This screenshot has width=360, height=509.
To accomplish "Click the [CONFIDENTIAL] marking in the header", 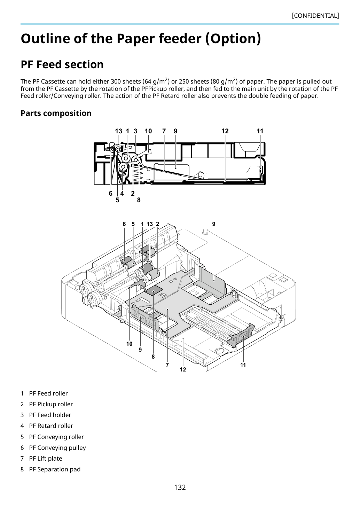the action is point(315,16).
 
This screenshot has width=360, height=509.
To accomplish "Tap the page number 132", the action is point(180,487).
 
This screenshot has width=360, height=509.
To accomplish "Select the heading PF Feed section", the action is point(62,64).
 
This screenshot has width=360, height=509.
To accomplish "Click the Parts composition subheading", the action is point(56,113).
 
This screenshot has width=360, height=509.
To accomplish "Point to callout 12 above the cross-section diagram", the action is point(225,131).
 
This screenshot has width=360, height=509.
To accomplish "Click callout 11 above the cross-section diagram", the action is point(260,131).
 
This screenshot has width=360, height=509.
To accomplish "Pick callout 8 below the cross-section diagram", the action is point(139,200).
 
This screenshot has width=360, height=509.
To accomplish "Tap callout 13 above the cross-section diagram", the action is point(118,131).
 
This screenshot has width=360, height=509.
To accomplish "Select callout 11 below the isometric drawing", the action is point(243,365).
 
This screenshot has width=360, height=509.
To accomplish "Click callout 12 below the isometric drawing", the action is point(183,369).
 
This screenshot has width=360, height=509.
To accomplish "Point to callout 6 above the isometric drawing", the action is point(124,224).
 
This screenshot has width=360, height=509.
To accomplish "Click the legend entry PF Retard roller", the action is point(51,425).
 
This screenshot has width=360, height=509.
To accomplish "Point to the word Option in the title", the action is point(233,39).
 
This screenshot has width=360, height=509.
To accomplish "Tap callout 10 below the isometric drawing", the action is point(129,344).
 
